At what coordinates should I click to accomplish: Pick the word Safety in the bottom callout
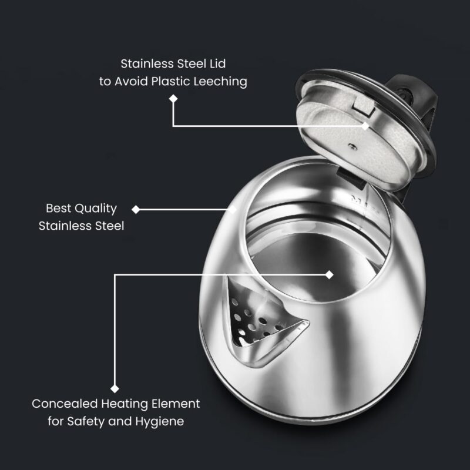coord(101,421)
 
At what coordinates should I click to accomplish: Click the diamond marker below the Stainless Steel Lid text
coord(173,99)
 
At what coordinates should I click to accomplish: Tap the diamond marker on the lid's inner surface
coord(365,126)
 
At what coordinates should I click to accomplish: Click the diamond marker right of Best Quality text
coord(136,209)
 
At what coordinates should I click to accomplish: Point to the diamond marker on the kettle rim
coord(233,209)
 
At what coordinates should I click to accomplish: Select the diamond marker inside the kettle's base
coord(329,274)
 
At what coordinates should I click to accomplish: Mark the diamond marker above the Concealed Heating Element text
coord(115,388)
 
